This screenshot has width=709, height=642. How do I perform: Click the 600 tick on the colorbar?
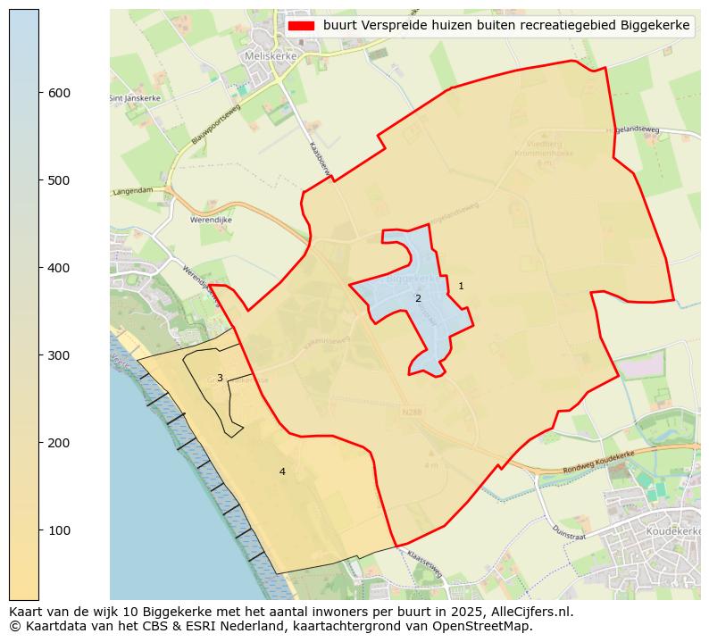(39, 93)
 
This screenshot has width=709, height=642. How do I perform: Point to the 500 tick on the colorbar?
(39, 180)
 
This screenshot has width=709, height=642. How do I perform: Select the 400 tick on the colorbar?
(39, 268)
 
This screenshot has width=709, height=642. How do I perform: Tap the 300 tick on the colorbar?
(39, 355)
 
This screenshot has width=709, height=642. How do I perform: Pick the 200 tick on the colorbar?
(39, 443)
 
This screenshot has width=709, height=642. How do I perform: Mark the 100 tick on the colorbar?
(39, 530)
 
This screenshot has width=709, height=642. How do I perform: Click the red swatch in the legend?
(302, 26)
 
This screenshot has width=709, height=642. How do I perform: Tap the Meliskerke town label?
(266, 55)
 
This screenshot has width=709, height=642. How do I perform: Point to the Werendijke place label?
(212, 220)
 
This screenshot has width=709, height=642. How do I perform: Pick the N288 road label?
(411, 413)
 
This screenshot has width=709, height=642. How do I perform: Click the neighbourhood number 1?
(461, 286)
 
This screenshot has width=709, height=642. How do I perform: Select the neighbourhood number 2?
(418, 298)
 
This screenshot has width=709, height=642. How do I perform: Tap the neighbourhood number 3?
(220, 378)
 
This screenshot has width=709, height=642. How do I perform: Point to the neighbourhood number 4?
(282, 471)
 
